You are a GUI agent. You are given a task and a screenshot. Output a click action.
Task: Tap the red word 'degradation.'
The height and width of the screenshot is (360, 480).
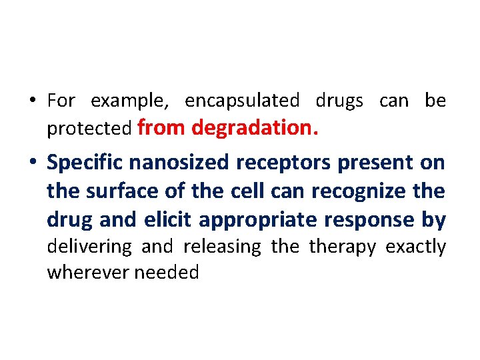coord(255,127)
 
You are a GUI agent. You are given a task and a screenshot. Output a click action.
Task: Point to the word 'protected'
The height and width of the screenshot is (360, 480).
coord(89,129)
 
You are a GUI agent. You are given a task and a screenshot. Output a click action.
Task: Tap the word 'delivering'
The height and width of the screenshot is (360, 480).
coord(89,247)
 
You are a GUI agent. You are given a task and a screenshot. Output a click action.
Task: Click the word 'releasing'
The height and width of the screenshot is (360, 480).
coord(222,247)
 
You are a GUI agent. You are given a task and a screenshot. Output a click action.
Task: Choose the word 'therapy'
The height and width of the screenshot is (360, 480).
coord(343,248)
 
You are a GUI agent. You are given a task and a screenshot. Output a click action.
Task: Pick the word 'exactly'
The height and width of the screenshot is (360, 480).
coord(416,247)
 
